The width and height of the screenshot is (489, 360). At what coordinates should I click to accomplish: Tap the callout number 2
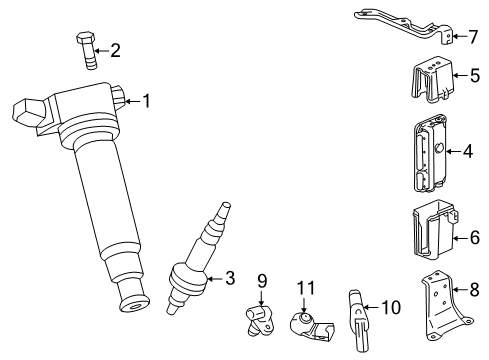click(x=115, y=50)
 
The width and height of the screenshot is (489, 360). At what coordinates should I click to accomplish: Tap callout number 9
click(x=262, y=280)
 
